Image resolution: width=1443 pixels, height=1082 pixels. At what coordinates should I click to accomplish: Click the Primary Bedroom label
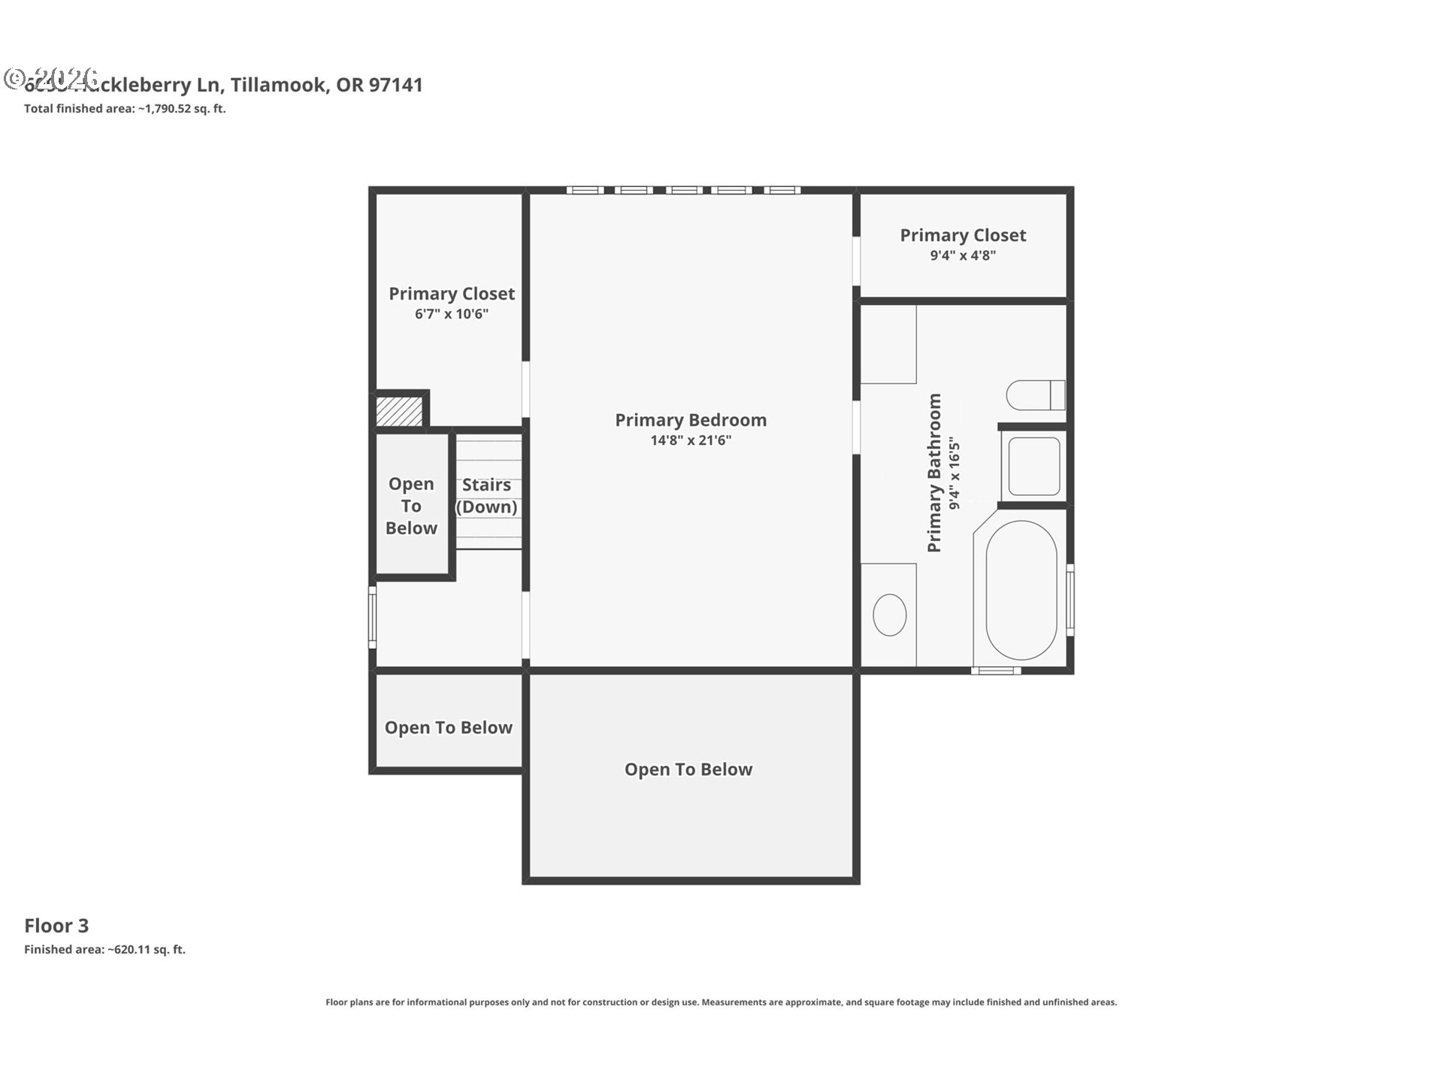(x=690, y=420)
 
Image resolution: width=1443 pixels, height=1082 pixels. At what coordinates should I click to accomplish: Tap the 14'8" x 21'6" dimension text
(x=690, y=440)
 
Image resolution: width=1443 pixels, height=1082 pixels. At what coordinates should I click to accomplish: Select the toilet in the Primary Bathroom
(x=1036, y=395)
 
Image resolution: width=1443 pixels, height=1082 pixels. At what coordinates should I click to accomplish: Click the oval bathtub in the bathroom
(x=1021, y=591)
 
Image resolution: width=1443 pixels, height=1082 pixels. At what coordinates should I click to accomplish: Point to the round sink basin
(x=889, y=615)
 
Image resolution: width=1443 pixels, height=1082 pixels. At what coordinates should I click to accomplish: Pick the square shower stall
(x=1033, y=467)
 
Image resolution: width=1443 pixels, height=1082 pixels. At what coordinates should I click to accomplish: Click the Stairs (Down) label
(x=487, y=495)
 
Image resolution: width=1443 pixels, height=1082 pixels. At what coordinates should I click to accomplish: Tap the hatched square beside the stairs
(x=398, y=412)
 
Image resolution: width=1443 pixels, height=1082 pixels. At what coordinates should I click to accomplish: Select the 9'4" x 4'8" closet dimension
(x=962, y=255)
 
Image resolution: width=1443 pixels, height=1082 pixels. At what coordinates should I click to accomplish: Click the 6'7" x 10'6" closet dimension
(x=451, y=314)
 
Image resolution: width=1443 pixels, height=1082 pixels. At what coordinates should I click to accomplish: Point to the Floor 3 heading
(x=56, y=926)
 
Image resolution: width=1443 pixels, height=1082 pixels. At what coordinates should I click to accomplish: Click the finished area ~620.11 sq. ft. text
(x=104, y=949)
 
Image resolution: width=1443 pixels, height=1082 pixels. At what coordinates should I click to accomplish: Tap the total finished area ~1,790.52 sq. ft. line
(x=125, y=108)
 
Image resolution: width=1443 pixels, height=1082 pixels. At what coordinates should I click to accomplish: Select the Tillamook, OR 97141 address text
(x=326, y=85)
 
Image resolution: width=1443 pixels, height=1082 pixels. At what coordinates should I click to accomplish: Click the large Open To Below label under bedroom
(x=688, y=769)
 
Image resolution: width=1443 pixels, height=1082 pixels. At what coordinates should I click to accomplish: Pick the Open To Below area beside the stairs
(x=411, y=506)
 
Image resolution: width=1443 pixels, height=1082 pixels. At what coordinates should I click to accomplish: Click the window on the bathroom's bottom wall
(x=996, y=670)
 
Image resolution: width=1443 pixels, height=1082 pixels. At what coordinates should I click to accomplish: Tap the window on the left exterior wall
(x=372, y=617)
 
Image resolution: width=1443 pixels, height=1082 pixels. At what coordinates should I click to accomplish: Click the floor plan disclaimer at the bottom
(x=721, y=1002)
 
